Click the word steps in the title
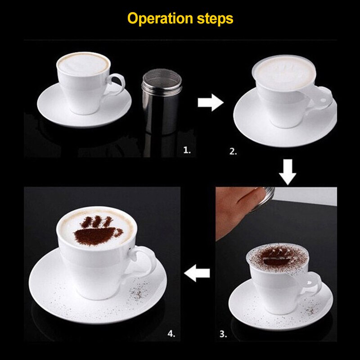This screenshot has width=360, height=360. tap(215, 19)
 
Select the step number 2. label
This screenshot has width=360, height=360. tap(233, 152)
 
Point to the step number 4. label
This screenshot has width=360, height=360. tap(171, 333)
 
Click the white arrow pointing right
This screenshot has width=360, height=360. tap(210, 103)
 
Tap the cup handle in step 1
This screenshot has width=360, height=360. tap(116, 85)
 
